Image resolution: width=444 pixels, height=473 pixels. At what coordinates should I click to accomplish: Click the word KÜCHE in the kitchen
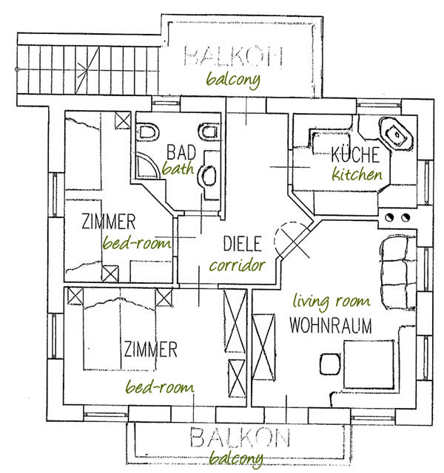coord(355,154)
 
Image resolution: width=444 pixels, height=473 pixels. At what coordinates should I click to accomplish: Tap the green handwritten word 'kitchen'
coord(357,174)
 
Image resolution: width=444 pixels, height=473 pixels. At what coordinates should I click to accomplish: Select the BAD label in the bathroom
coord(181,152)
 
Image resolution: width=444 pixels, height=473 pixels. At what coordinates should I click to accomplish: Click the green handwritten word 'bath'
coord(178,169)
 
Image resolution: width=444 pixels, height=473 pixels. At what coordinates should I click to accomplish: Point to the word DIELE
coord(242,244)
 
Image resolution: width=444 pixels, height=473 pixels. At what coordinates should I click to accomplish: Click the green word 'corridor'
coord(238,265)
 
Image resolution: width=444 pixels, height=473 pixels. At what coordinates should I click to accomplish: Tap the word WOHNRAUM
coord(331,325)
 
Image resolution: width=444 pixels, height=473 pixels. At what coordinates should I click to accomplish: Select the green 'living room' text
coord(332,302)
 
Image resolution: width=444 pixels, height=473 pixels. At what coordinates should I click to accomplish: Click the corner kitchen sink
coord(397,134)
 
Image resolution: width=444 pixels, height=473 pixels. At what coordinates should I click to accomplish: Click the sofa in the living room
coord(398,273)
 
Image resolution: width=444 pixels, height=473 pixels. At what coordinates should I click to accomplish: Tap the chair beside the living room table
coord(330,364)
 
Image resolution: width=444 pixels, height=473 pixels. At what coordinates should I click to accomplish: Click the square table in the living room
coord(369,364)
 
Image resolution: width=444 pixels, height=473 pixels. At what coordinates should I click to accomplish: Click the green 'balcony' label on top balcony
coord(233,80)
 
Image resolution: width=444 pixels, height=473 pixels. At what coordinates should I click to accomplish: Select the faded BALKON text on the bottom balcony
coord(240,438)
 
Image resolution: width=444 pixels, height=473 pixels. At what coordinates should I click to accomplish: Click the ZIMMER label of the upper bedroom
coord(109,222)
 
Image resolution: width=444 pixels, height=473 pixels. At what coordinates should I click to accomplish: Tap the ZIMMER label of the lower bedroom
coord(150,350)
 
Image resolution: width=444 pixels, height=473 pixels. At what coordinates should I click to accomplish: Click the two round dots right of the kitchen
coord(397,217)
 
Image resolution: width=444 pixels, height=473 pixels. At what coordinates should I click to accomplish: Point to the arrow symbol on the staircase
coord(87,70)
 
